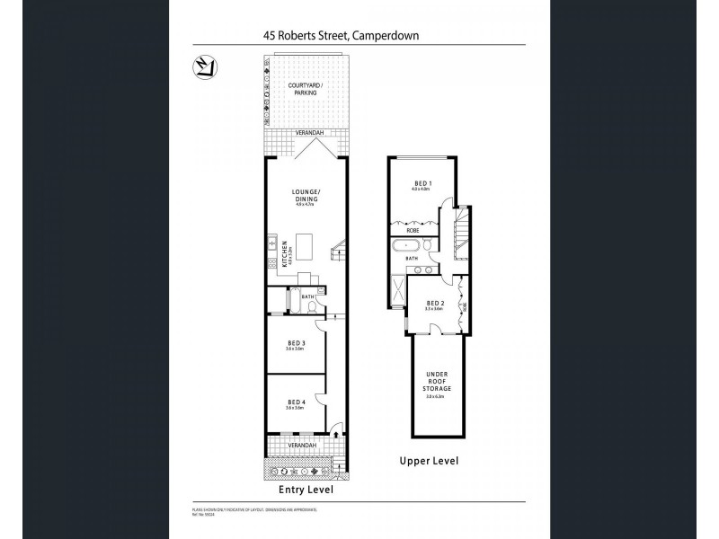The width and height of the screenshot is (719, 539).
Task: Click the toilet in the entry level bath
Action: (310, 305)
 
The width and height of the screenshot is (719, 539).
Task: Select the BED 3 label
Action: (297, 342)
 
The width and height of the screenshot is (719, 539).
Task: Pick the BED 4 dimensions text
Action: (297, 408)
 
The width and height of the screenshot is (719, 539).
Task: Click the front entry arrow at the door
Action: (337, 435)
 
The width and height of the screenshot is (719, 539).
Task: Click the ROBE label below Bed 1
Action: (413, 230)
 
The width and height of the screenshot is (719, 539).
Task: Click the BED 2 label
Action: (434, 303)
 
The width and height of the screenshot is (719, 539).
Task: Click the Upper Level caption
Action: (429, 461)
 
